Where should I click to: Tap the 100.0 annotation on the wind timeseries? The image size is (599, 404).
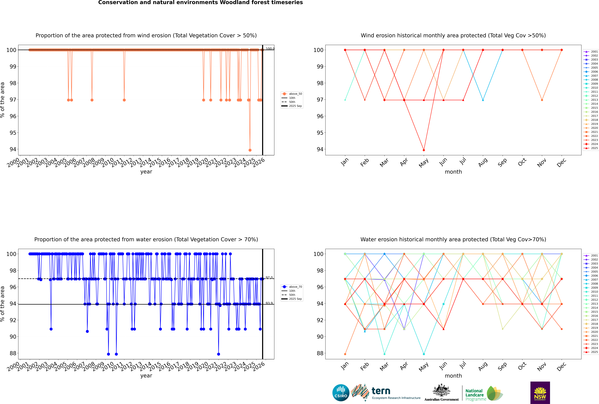pos(270,49)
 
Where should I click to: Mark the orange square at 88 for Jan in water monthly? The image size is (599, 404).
pos(345,354)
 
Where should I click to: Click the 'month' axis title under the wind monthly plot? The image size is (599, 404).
pos(453,172)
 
